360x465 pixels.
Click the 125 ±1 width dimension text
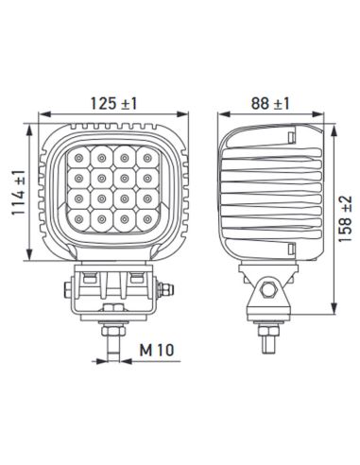pos(116,97)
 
